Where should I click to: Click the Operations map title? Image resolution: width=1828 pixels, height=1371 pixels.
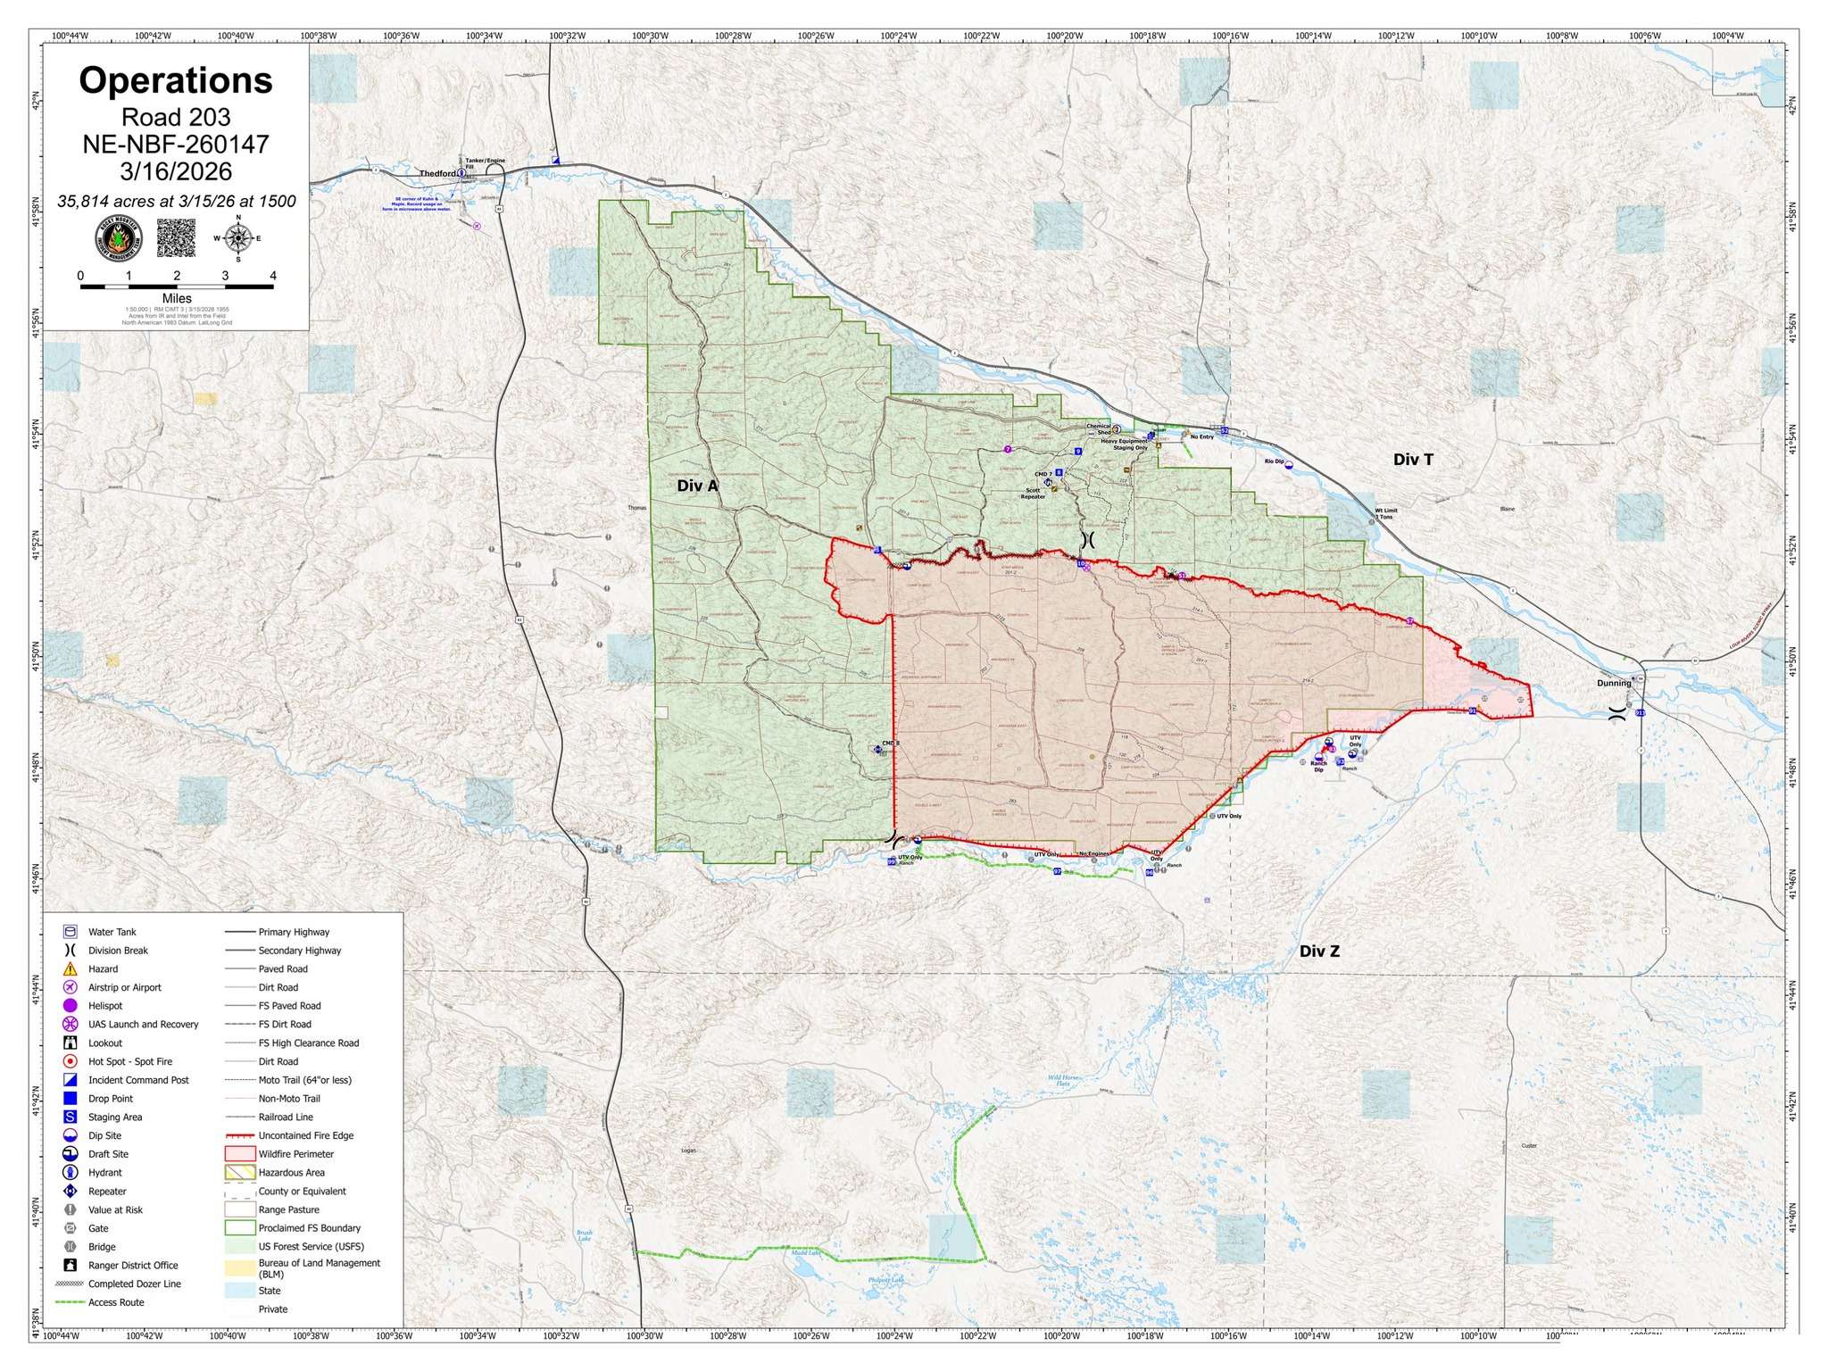click(176, 80)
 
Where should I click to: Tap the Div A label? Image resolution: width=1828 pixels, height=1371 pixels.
click(697, 486)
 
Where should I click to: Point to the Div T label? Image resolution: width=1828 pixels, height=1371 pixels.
click(1413, 460)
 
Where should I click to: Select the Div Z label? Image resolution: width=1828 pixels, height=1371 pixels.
click(1319, 951)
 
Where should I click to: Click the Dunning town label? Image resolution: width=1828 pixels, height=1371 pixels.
click(1614, 684)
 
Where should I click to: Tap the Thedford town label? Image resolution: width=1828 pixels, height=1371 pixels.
click(438, 173)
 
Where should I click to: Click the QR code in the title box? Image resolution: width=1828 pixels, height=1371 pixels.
click(176, 238)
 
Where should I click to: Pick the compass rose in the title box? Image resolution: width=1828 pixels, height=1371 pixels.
click(238, 238)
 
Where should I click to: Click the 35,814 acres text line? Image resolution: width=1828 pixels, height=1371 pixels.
click(176, 202)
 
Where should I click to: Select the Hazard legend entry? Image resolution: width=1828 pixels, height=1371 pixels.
click(103, 968)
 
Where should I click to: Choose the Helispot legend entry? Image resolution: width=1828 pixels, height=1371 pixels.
click(104, 1005)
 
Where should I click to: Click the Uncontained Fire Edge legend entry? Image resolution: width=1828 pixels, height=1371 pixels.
click(305, 1135)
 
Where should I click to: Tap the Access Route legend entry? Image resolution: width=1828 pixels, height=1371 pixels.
click(115, 1302)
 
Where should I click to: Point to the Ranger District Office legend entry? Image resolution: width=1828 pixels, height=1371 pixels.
click(132, 1265)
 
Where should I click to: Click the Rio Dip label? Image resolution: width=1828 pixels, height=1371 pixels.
click(1274, 461)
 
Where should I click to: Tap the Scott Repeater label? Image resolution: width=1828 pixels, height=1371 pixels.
click(1033, 493)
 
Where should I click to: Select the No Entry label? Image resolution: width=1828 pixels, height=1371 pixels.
click(1202, 436)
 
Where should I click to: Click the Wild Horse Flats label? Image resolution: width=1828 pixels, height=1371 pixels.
click(1065, 1081)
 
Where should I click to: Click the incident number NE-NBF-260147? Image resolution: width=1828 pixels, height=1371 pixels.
click(176, 144)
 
